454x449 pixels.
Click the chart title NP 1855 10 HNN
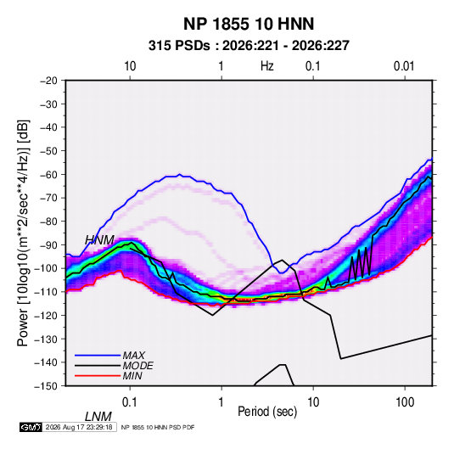249,24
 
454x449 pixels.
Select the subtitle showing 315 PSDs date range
249,46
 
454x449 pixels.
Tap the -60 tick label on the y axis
48,174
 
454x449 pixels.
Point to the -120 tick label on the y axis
46,315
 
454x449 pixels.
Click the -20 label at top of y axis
48,81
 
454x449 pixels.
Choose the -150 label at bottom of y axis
46,386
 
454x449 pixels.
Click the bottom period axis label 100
405,402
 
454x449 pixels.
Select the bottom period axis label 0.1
130,402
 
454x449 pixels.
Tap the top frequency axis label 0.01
404,66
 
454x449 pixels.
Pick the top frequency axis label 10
130,66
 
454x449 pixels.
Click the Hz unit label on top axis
267,66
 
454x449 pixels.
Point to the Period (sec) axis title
267,412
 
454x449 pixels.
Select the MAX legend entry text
134,355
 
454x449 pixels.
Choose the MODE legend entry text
137,366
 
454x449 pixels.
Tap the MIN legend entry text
132,376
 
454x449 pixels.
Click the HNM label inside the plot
99,240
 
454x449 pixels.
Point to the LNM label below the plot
98,417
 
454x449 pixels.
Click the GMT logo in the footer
31,427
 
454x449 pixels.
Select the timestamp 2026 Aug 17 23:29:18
79,427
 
